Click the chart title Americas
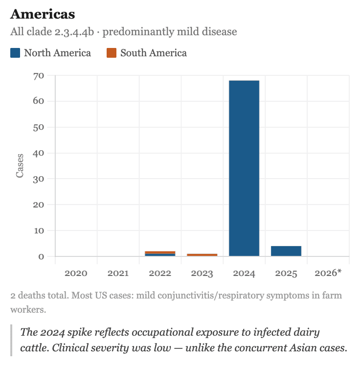pyautogui.click(x=42, y=14)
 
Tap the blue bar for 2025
pyautogui.click(x=286, y=251)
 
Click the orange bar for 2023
pyautogui.click(x=202, y=255)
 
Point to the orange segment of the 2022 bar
pyautogui.click(x=160, y=252)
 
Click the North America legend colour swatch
pyautogui.click(x=15, y=53)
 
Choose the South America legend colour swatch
pyautogui.click(x=112, y=53)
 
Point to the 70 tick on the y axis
pyautogui.click(x=39, y=76)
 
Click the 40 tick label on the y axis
pyautogui.click(x=39, y=153)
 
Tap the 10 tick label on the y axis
pyautogui.click(x=39, y=230)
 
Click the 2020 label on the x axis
pyautogui.click(x=76, y=273)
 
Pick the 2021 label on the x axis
pyautogui.click(x=118, y=273)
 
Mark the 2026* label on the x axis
pyautogui.click(x=328, y=273)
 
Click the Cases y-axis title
pyautogui.click(x=20, y=166)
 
